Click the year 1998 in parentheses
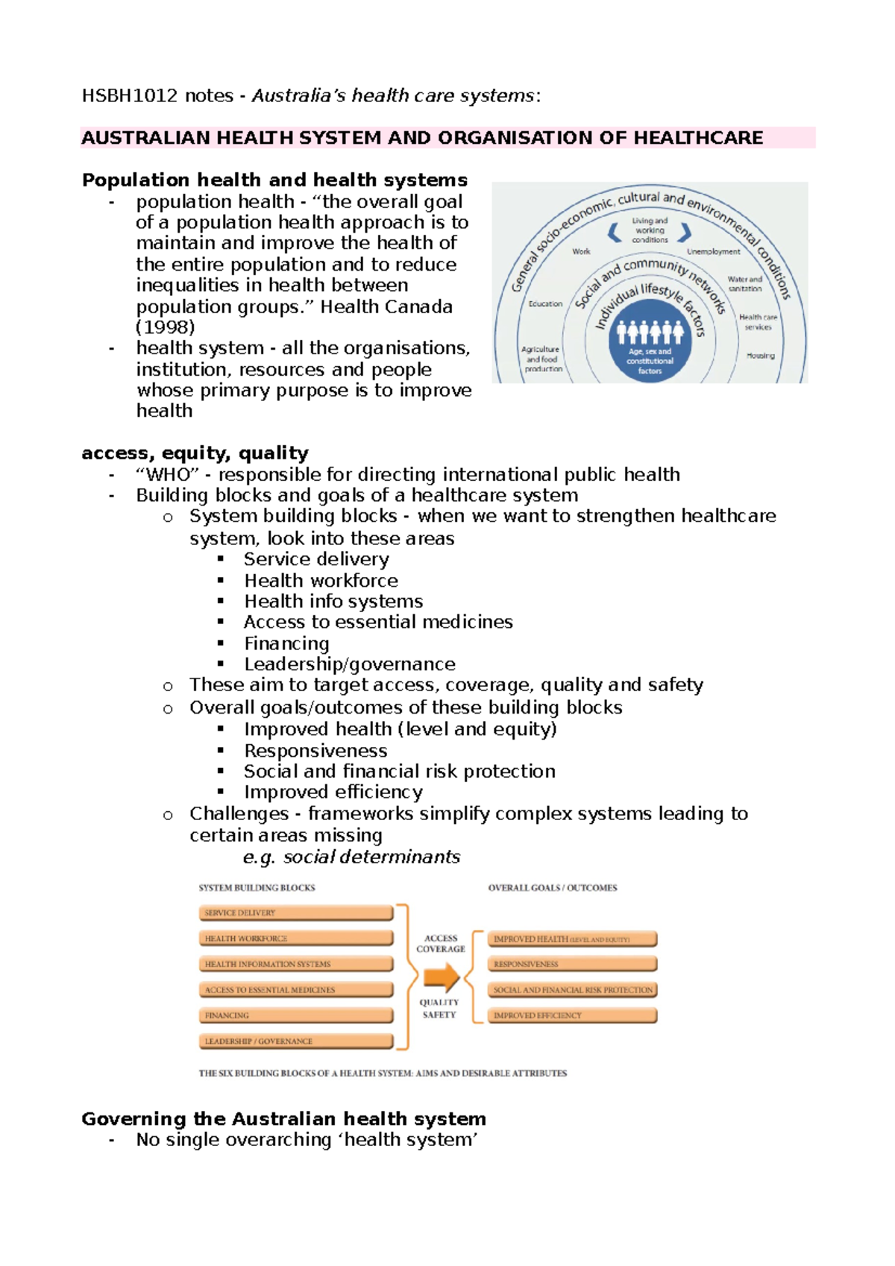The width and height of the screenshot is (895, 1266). [165, 327]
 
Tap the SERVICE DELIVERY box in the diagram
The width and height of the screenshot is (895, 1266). [295, 913]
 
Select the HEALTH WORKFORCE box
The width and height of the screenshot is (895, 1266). [295, 939]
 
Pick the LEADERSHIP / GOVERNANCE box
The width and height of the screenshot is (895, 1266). [295, 1042]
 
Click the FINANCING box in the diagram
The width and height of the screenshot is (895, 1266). [295, 1015]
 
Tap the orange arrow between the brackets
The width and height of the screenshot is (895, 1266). [441, 977]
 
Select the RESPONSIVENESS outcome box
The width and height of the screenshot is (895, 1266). [572, 965]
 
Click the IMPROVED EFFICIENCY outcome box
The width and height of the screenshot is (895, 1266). [572, 1015]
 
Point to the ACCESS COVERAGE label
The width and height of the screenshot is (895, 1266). [441, 944]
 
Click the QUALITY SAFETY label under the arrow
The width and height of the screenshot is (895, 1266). [439, 1009]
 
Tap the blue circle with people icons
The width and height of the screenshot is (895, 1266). [650, 343]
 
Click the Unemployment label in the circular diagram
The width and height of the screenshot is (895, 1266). [713, 252]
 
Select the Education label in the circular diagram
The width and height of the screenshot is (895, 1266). [545, 304]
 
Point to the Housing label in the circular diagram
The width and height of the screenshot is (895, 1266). [760, 356]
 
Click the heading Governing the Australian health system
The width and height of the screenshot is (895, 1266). [283, 1119]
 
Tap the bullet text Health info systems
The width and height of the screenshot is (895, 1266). [333, 602]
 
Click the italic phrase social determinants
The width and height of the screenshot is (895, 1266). [371, 857]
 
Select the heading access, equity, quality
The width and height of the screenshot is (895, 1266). [195, 453]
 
